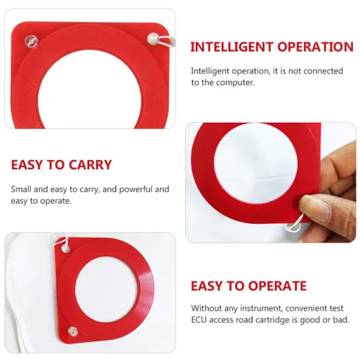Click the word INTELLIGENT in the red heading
pos(232,47)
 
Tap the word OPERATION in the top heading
pos(315,47)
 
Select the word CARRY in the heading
pos(90,165)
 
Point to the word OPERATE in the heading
pos(278,286)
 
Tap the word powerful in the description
pos(136,189)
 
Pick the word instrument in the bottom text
pos(260,308)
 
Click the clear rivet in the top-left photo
pos(32,42)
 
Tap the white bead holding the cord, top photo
pos(153,39)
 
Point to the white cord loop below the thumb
pos(294,225)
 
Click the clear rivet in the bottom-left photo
pos(73,331)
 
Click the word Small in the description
pos(21,189)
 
